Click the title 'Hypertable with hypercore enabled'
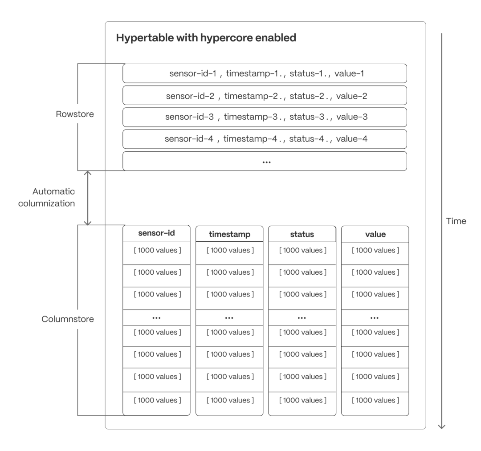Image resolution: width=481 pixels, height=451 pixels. (x=206, y=38)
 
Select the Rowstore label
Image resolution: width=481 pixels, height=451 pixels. (x=75, y=114)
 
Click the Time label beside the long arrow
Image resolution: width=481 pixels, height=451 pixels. (x=456, y=221)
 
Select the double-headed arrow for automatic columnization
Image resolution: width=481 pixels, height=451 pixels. (x=88, y=198)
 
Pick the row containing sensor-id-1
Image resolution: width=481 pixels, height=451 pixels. (x=265, y=73)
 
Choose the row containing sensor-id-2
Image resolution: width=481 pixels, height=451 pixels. (x=265, y=95)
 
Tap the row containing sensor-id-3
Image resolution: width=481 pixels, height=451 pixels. (x=265, y=117)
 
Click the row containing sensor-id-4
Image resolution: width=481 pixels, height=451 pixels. (x=265, y=139)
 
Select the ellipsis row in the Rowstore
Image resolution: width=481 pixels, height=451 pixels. (x=265, y=161)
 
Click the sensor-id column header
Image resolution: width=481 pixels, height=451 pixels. (x=156, y=234)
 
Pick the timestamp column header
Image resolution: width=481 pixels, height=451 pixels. (x=229, y=234)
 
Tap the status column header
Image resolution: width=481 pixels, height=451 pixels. (x=302, y=234)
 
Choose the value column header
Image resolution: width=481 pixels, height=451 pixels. (x=375, y=234)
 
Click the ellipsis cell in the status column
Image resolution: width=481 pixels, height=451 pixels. (x=302, y=317)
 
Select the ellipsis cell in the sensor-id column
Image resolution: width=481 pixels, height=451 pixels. (x=156, y=317)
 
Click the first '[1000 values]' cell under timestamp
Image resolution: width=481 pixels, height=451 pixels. (x=229, y=250)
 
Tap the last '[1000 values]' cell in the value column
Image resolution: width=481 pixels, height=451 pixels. (x=375, y=400)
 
